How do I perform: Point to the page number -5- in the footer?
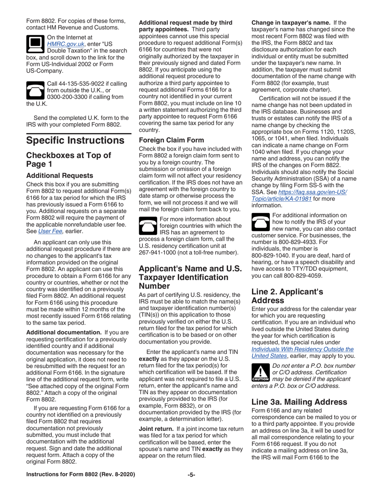coord(191,486)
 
